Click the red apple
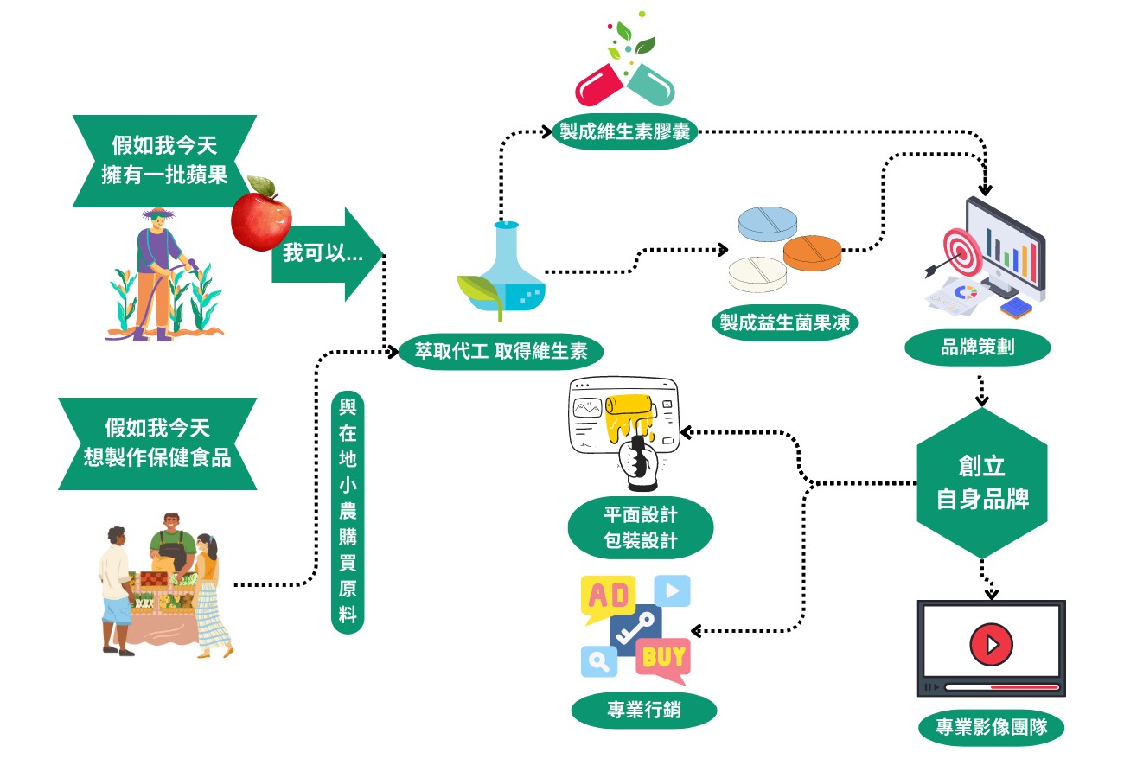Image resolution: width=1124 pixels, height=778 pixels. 260,215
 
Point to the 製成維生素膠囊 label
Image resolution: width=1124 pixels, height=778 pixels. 623,132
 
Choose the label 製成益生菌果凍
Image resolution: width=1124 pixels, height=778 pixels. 784,322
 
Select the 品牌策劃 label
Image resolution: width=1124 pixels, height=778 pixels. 978,348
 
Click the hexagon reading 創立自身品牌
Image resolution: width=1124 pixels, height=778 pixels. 982,482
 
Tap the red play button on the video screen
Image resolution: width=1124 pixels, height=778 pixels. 991,644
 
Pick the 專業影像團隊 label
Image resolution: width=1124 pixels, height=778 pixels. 991,727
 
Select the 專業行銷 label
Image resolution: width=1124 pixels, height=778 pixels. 644,711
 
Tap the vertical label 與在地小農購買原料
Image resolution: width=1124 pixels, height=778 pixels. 348,511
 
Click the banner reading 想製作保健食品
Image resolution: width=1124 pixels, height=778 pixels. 157,443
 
